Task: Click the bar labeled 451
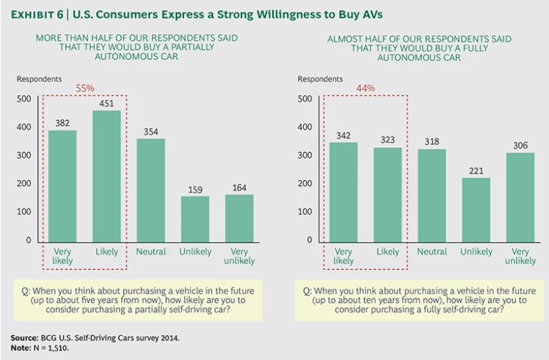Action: [106, 176]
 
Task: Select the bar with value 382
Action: [62, 186]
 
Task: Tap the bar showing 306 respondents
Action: [520, 196]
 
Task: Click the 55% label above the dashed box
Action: [85, 88]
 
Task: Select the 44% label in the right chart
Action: [365, 88]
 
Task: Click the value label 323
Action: [387, 139]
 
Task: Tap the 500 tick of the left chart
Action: [24, 99]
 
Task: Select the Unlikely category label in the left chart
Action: [194, 252]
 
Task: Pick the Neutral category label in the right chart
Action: [432, 252]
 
